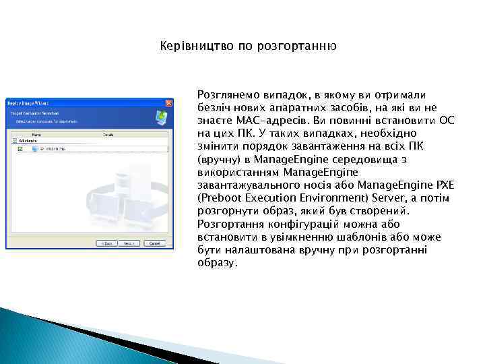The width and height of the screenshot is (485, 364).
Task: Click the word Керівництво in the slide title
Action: click(x=191, y=47)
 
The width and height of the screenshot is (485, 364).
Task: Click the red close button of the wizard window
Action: click(x=168, y=103)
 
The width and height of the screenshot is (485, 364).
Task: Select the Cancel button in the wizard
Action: click(x=156, y=243)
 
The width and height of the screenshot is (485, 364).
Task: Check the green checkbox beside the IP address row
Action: click(x=21, y=149)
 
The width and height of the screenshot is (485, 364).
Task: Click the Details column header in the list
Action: click(x=108, y=135)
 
